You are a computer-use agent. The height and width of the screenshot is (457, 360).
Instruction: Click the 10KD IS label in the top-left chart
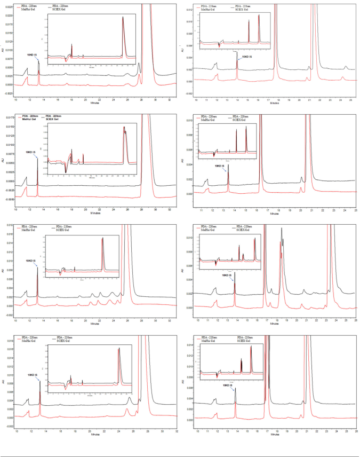32,54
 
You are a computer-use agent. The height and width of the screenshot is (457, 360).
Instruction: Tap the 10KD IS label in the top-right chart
248,57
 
